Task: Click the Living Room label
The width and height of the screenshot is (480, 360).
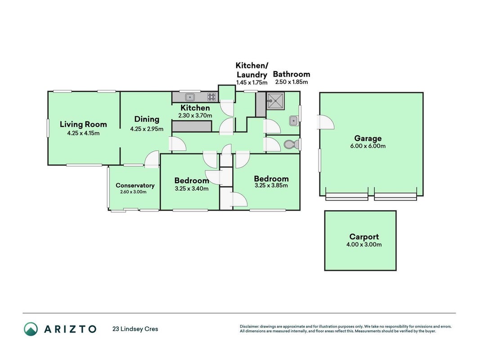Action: coord(83,124)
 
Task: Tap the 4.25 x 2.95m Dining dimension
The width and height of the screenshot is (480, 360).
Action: coord(147,129)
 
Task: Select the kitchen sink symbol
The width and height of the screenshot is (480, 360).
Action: coord(190,97)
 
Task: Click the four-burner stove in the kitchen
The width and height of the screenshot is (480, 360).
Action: coord(211,97)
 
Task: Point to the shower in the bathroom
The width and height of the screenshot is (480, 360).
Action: coord(275,101)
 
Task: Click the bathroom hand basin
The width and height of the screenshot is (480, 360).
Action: coord(294,121)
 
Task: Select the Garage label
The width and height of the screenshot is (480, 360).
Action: coord(368,138)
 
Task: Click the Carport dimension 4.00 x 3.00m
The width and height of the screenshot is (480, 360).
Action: coord(364,245)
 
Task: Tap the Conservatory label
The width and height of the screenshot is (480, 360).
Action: coord(135,185)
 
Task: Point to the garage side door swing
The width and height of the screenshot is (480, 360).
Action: coord(325,122)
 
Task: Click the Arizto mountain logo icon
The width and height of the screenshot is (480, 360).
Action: coord(31,329)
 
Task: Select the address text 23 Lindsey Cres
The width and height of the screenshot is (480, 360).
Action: coord(135,329)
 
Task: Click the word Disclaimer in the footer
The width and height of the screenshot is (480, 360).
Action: coord(249,327)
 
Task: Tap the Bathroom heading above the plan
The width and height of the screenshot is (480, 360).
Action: coord(292,74)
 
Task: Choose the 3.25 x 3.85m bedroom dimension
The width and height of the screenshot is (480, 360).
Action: coord(271,185)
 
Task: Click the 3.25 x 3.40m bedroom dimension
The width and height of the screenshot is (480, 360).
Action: coord(192,189)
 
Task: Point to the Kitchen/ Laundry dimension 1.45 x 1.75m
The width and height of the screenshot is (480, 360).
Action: coord(251,83)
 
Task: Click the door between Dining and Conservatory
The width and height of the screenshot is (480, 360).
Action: coord(152,159)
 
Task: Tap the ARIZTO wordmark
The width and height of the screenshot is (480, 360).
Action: coord(71,329)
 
